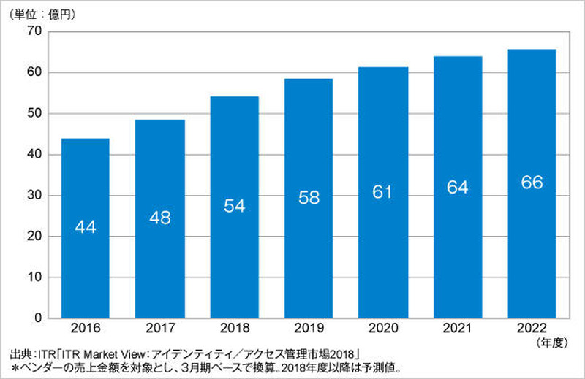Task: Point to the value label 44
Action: pos(84,227)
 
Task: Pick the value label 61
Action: pos(382,193)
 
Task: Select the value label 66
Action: pos(531,183)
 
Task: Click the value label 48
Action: pos(159,218)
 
